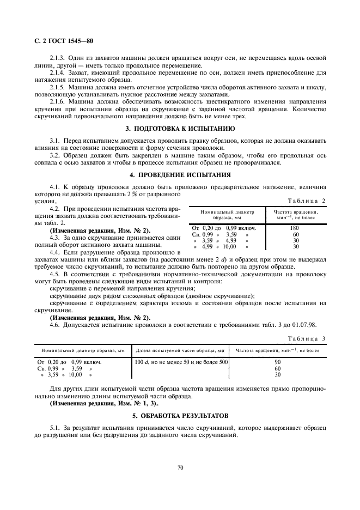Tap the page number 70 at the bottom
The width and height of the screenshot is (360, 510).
coord(180,467)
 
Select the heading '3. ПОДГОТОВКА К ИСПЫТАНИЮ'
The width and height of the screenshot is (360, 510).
coord(180,129)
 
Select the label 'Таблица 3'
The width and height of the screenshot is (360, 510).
coord(307,338)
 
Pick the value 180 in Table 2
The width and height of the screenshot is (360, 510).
coord(296,228)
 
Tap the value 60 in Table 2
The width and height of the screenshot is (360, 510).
coord(296,234)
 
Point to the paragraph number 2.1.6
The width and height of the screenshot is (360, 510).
coord(57,101)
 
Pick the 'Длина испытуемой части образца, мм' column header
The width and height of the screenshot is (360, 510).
coord(180,350)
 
